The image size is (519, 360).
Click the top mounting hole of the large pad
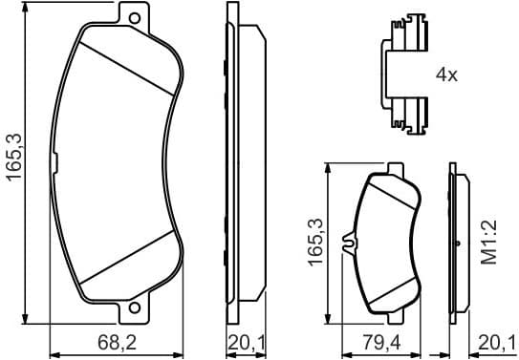click(134, 19)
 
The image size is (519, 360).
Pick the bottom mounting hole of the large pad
click(134, 307)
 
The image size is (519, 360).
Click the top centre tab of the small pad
click(392, 171)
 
